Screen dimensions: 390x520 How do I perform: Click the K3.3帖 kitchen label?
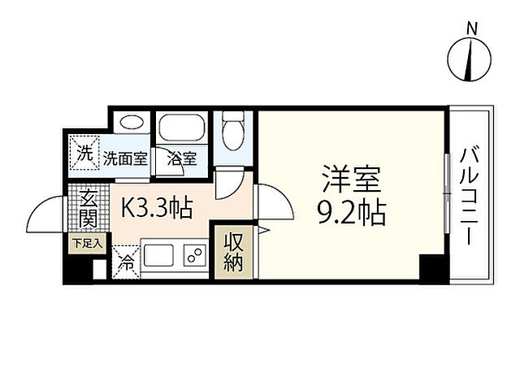pyautogui.click(x=157, y=209)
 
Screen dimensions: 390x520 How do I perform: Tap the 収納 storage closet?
pyautogui.click(x=234, y=253)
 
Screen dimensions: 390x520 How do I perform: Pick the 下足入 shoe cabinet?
pyautogui.click(x=87, y=242)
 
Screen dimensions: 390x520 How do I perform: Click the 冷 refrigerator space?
pyautogui.click(x=127, y=262)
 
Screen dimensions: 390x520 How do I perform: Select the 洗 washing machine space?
pyautogui.click(x=84, y=152)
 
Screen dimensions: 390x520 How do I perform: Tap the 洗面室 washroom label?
pyautogui.click(x=125, y=158)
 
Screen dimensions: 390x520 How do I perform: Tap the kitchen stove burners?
pyautogui.click(x=195, y=255)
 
